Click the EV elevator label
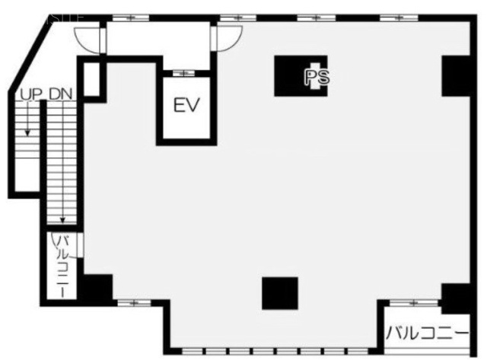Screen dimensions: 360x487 [x=185, y=105]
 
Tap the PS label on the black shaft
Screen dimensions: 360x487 [x=317, y=76]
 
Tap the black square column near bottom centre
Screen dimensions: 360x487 [x=280, y=293]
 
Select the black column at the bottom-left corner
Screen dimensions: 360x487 [x=97, y=288]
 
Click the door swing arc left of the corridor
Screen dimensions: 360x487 [x=88, y=34]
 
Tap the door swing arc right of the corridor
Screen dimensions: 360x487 [x=229, y=34]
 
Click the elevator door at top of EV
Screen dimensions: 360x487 [x=183, y=73]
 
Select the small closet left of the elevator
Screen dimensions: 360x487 [x=90, y=78]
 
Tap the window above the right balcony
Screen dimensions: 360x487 [x=412, y=303]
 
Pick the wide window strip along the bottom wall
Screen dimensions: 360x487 [x=272, y=352]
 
